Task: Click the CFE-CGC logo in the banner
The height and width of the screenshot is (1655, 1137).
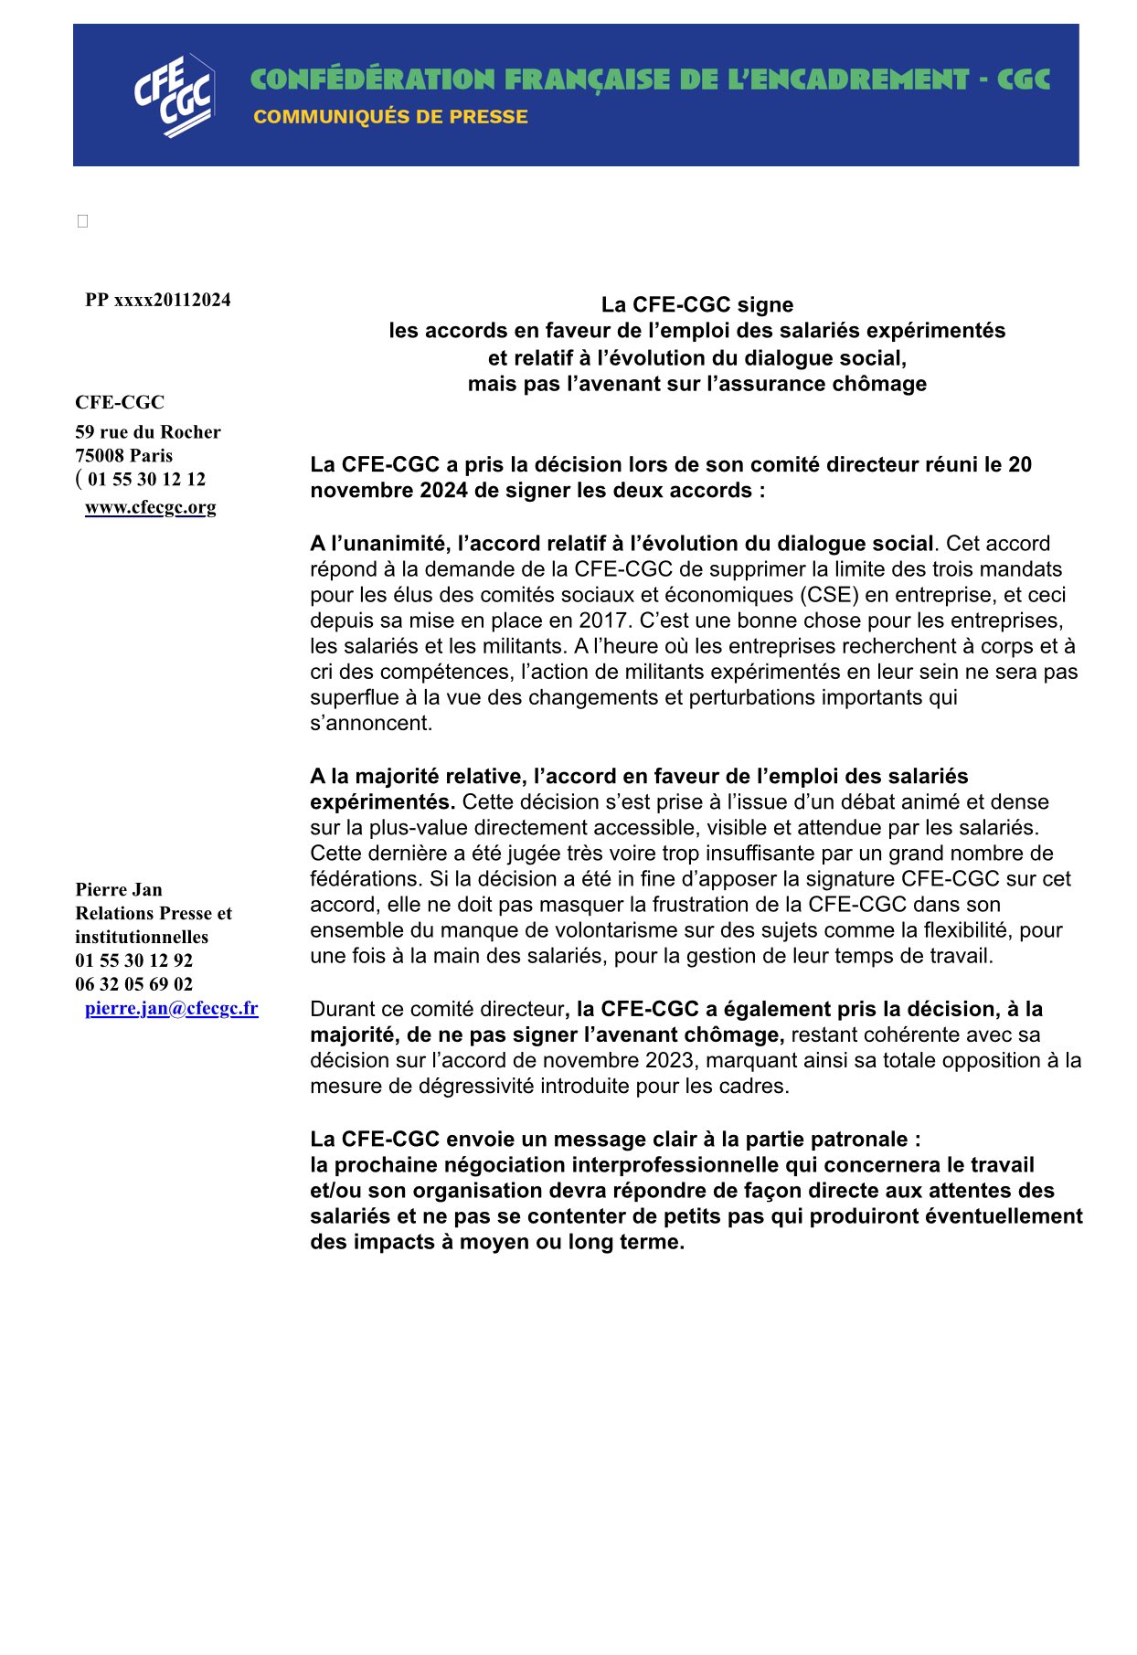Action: pos(174,96)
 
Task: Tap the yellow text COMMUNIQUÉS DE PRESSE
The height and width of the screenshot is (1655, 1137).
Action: pos(390,117)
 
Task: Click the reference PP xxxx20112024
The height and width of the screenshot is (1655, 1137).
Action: pos(158,300)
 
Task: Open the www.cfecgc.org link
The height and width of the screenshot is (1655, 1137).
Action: pos(151,507)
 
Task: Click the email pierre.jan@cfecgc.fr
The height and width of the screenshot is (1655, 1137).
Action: pos(172,1008)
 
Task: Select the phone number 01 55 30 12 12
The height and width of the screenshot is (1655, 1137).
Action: pos(146,479)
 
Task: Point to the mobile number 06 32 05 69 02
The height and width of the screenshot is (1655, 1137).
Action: pos(134,984)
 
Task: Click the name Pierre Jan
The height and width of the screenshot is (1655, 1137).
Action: pos(119,889)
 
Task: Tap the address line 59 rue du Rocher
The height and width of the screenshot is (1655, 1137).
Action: pos(148,431)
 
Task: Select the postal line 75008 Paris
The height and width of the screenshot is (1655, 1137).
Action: pos(123,455)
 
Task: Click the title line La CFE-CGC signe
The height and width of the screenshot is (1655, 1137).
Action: pos(696,304)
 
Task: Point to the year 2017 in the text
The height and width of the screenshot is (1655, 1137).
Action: pos(601,621)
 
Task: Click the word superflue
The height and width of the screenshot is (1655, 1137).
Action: pos(352,697)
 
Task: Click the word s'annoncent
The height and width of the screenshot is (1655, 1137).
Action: pos(371,723)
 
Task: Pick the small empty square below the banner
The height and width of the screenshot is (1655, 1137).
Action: pos(82,221)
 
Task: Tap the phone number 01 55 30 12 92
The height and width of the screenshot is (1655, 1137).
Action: pos(134,960)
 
